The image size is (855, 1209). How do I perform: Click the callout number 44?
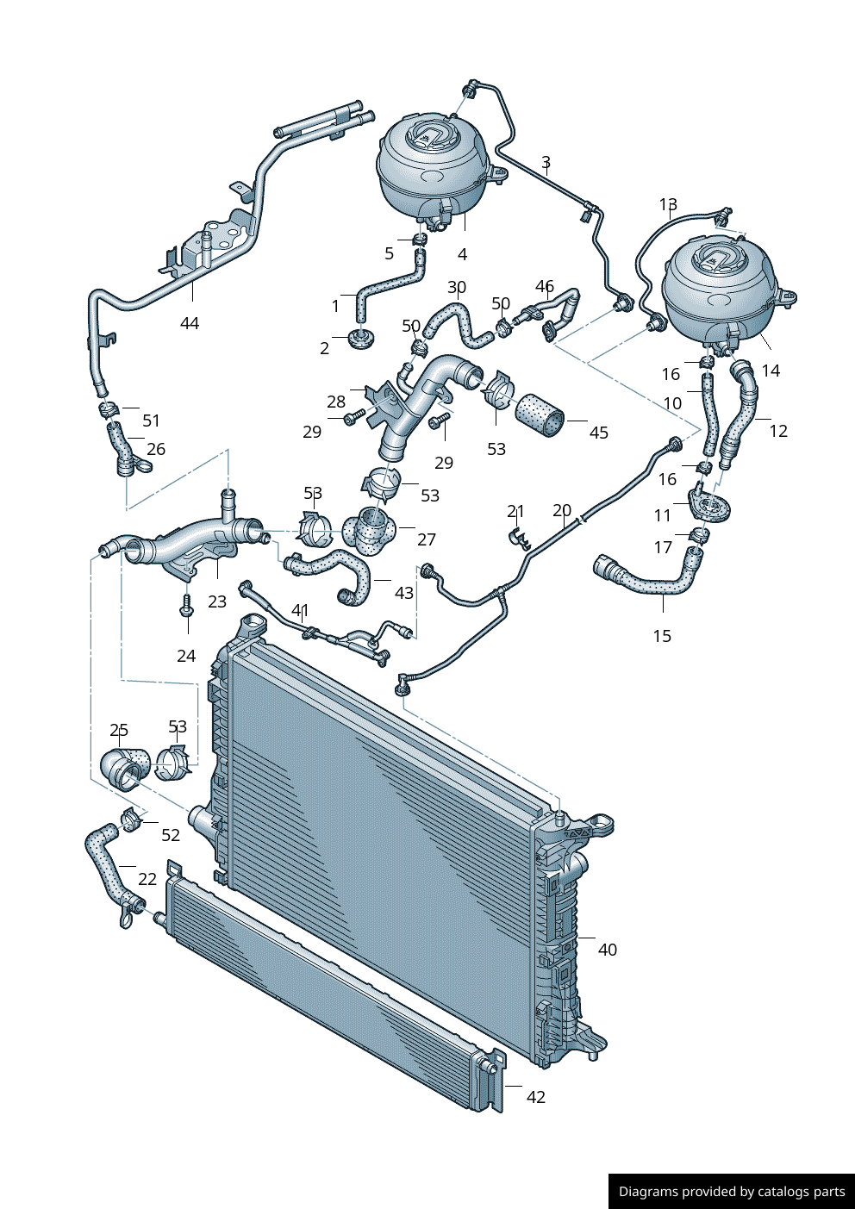190,323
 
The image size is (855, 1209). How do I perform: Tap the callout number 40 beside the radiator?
608,950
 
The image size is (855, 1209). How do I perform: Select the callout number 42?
536,1097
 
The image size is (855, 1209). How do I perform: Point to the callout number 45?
599,433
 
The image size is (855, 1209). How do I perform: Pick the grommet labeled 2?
362,338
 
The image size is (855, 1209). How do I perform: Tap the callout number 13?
668,204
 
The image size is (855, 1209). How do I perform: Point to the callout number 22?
147,879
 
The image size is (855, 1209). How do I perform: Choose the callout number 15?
662,636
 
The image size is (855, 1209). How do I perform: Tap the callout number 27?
427,539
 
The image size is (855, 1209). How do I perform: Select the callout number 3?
546,162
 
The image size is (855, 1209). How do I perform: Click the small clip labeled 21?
519,537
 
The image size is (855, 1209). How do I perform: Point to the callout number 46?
545,286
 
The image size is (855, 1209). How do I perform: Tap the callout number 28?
336,402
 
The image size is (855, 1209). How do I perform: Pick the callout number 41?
300,610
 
